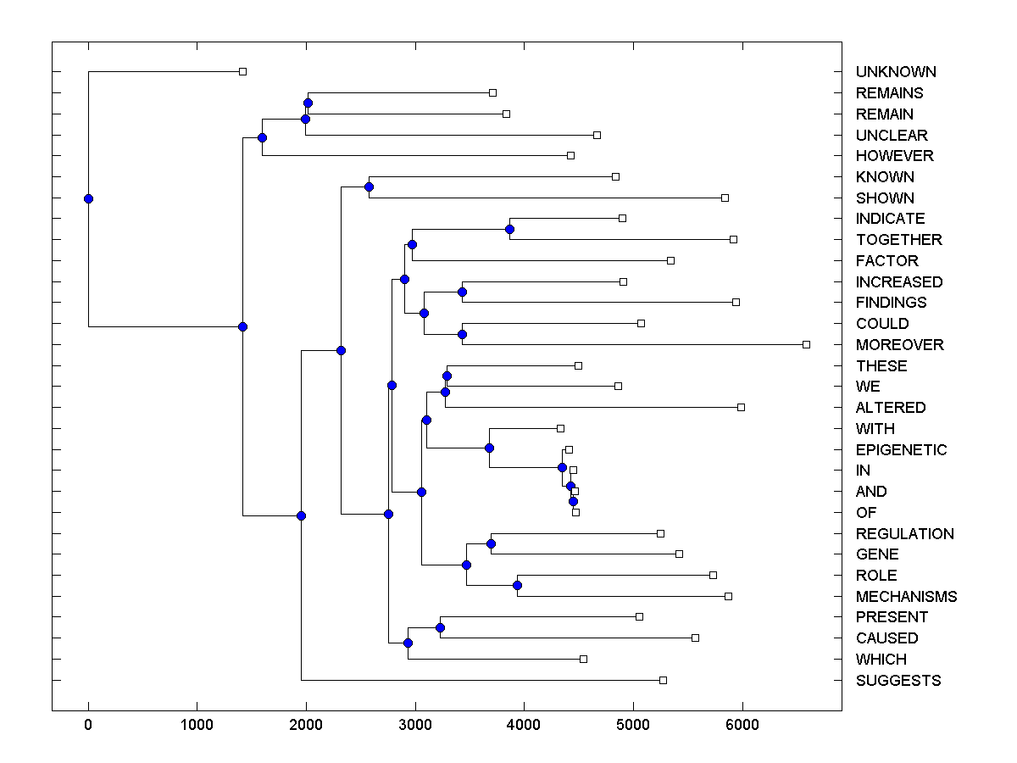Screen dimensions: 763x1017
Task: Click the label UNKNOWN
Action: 896,72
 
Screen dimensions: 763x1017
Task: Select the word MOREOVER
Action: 899,345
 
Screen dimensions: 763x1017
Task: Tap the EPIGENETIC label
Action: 901,449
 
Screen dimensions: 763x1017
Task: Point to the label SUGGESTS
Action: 898,681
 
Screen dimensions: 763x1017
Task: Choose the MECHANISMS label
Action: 906,597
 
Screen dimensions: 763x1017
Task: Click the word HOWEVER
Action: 894,156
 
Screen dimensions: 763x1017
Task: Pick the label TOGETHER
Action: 898,240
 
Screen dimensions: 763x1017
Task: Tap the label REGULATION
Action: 904,534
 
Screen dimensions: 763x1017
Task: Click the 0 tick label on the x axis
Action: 88,726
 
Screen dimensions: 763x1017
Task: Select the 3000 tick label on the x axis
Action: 415,726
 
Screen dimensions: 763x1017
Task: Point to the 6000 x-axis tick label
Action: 742,726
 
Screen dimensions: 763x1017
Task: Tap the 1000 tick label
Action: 197,726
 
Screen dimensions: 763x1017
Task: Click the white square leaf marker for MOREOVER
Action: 806,344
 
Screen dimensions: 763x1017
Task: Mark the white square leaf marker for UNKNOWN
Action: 242,71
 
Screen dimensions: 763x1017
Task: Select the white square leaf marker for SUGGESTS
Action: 663,680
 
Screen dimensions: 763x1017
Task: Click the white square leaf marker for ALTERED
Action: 741,407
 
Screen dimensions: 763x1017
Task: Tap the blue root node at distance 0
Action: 88,198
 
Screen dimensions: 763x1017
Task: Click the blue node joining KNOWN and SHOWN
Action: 369,187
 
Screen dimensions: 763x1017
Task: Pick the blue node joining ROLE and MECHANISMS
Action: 517,585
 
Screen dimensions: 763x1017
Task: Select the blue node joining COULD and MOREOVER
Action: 462,334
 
